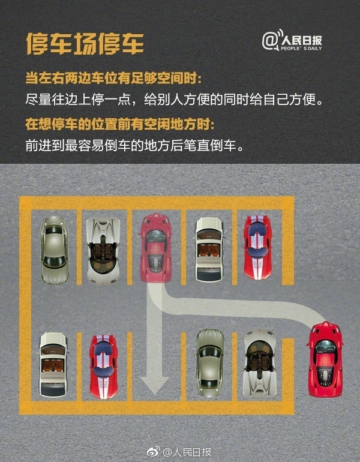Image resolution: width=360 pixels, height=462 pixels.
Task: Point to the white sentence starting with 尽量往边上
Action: coord(178,99)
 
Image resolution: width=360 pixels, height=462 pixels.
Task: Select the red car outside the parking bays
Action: coord(325,359)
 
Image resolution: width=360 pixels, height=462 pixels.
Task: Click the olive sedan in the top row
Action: coord(55,250)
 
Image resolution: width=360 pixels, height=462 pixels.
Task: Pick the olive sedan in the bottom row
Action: coord(209,362)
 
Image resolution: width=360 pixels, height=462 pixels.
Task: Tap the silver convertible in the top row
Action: coord(103,250)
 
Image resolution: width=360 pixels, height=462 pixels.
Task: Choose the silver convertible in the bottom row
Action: coord(259,362)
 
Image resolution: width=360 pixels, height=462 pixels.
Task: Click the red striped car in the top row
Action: coord(257,247)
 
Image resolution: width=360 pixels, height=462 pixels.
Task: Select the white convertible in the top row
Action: coord(209,249)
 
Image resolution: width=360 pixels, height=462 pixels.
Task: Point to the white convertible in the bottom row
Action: coord(54,364)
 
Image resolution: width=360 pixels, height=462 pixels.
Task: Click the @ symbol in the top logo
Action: coord(269,41)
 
